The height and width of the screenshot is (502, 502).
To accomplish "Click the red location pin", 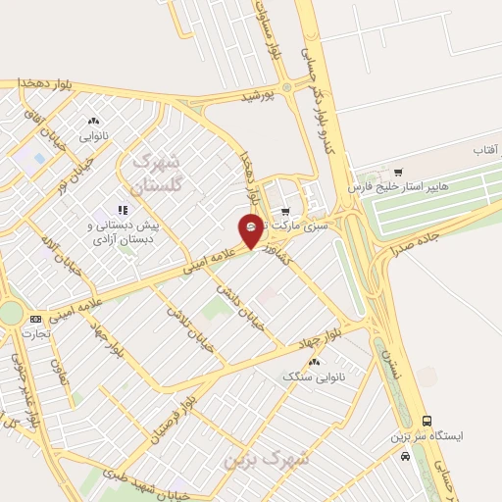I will click(251, 230).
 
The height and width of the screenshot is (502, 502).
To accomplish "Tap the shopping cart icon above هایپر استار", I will click(396, 168).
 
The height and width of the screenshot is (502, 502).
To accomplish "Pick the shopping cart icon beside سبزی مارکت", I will click(284, 211).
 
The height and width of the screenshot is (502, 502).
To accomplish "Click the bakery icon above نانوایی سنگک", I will click(315, 362).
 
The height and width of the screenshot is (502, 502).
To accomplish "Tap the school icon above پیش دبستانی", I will click(124, 209).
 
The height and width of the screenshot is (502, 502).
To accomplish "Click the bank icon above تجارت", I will click(36, 319).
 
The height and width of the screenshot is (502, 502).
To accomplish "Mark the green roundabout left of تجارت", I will click(10, 313).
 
